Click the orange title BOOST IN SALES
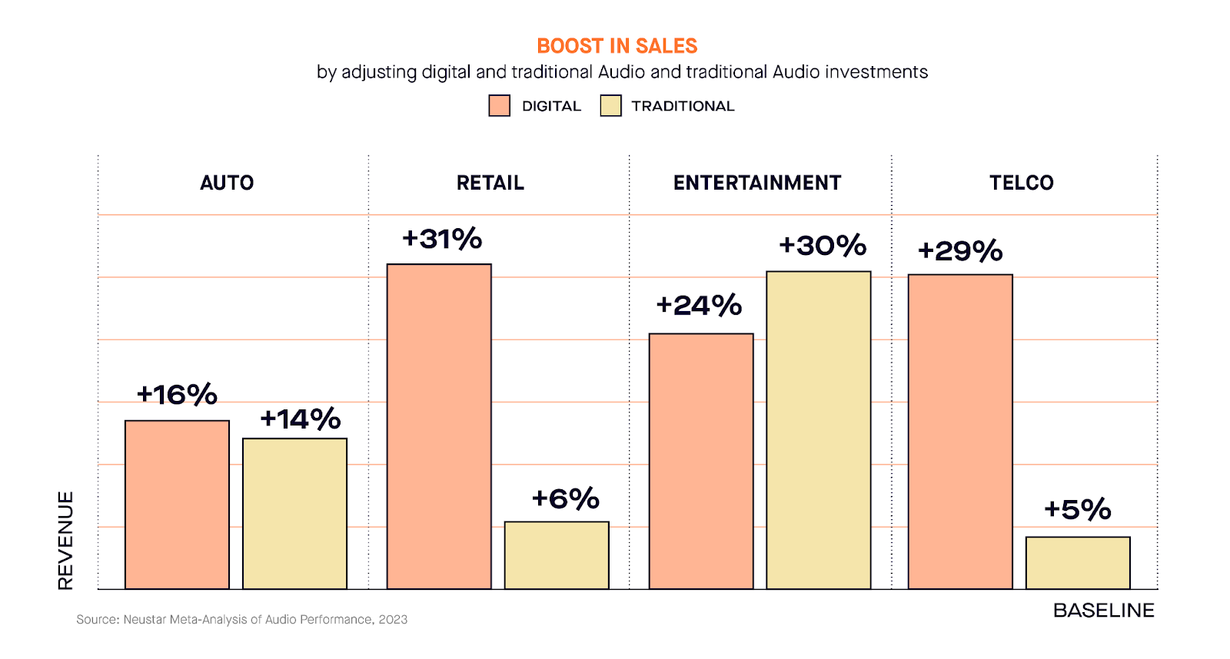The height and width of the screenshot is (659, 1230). (617, 46)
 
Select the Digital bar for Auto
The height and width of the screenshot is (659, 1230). (177, 505)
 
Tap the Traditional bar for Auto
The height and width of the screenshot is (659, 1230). (294, 514)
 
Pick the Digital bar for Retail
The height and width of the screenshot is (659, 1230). (439, 426)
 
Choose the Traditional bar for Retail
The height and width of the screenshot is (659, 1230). (557, 555)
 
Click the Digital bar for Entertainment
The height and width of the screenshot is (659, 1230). (701, 461)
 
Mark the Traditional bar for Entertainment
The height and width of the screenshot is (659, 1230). (819, 430)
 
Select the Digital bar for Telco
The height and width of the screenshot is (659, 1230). (960, 432)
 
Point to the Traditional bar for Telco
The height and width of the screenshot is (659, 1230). (1078, 563)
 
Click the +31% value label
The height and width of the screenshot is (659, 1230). (442, 239)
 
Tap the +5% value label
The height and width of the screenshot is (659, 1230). (1078, 509)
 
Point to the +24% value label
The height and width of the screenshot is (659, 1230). (699, 306)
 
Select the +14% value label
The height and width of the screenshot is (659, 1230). (301, 419)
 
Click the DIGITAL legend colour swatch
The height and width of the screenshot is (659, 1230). (500, 106)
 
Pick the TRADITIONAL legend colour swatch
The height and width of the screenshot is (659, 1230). (611, 106)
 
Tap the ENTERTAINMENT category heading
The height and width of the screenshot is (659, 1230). (757, 183)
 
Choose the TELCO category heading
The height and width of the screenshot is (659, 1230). (1021, 183)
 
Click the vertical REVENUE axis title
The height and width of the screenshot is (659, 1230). (66, 540)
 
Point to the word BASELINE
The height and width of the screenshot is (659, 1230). (1103, 611)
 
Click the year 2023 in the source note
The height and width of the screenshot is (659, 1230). (393, 620)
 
